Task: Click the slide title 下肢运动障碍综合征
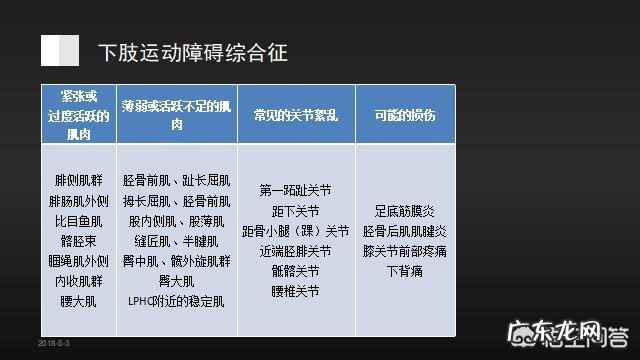coord(192,52)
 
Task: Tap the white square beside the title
coord(60,50)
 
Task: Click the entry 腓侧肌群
coord(78,181)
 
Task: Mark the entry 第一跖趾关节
coord(295,191)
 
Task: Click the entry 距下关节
coord(295,211)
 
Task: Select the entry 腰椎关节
coord(295,291)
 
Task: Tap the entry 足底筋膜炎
coord(397,211)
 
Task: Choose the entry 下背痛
coord(397,271)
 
